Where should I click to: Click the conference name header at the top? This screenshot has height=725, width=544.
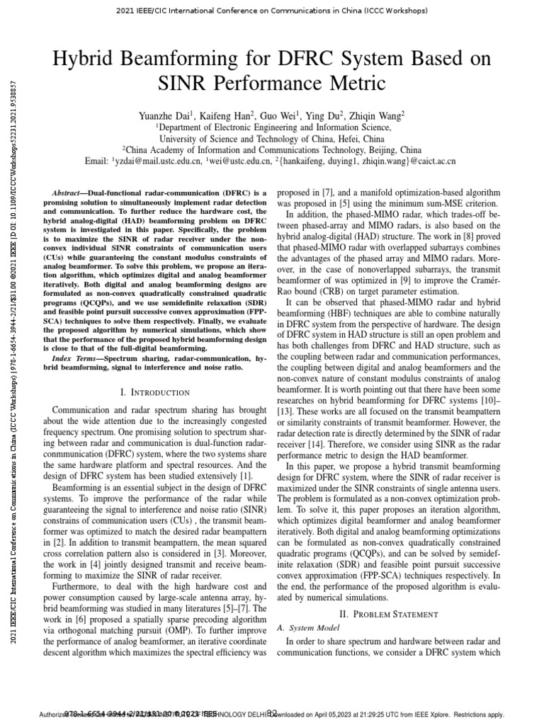point(271,11)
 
